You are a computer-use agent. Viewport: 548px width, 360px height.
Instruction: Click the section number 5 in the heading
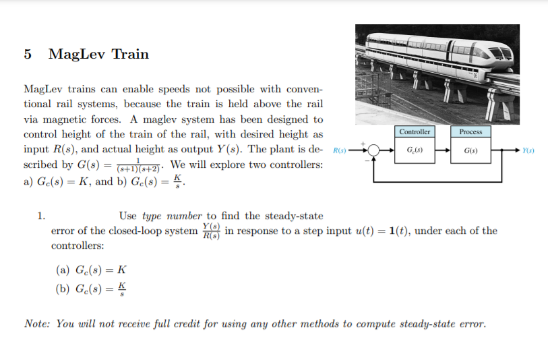tap(28, 55)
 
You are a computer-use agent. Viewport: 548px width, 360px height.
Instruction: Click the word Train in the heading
tap(129, 55)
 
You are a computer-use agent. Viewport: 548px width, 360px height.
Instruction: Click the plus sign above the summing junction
tap(365, 143)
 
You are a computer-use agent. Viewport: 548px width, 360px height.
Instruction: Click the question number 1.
tap(40, 216)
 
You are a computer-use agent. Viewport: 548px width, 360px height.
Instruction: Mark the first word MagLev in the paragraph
tap(44, 90)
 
